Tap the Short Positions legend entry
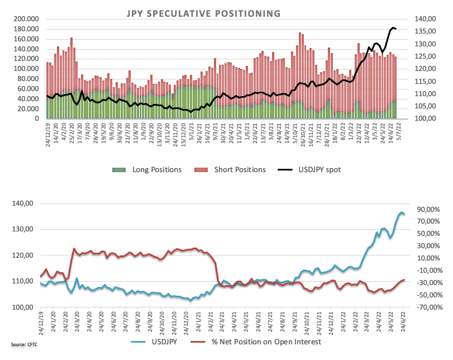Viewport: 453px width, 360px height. [234, 169]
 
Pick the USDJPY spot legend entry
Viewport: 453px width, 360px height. [313, 169]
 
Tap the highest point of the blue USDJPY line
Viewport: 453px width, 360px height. [400, 212]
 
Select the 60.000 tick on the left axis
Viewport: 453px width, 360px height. [27, 89]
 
